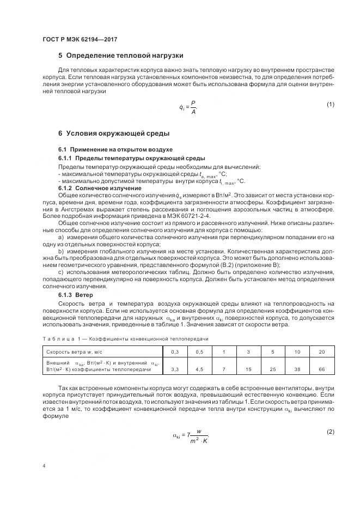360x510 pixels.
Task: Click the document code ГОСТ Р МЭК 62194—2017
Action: click(80, 40)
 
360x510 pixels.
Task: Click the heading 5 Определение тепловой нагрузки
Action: click(120, 56)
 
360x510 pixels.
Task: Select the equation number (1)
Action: click(330, 104)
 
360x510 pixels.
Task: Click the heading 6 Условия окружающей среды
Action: click(114, 133)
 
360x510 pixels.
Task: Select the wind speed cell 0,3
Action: click(175, 352)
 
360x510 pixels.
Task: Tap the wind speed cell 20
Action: click(321, 352)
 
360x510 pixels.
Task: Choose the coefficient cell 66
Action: click(321, 369)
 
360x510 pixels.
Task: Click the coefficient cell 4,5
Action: click(199, 369)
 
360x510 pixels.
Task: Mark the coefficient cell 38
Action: click(297, 369)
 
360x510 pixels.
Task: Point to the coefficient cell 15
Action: click(248, 369)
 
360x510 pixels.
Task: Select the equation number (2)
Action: click(330, 432)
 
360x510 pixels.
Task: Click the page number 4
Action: click(44, 466)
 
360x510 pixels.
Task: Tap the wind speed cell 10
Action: click(297, 352)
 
